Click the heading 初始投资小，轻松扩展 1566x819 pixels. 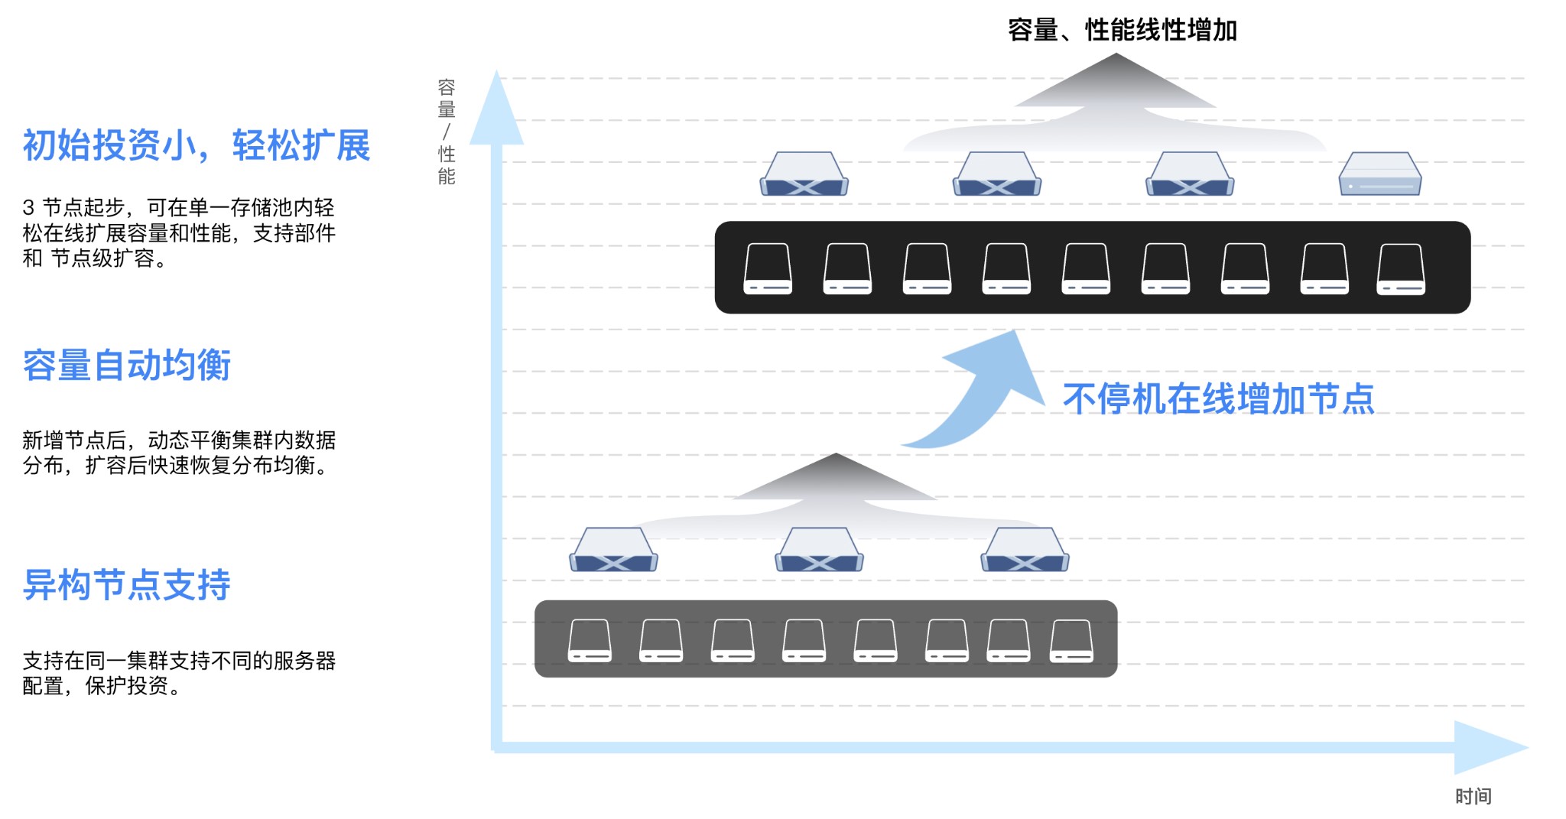[x=196, y=145]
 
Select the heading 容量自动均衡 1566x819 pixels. [x=126, y=365]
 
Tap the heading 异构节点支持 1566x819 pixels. [x=126, y=585]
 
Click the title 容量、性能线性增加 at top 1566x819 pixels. [x=1122, y=31]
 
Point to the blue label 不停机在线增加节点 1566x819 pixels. [x=1218, y=399]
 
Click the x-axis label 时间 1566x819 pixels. [x=1473, y=796]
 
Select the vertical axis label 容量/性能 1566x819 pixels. [x=447, y=132]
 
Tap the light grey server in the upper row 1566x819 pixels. [x=1379, y=174]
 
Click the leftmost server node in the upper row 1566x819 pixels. [x=804, y=174]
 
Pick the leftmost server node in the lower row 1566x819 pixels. [x=613, y=551]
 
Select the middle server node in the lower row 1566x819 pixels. [x=819, y=551]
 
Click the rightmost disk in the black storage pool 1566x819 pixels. [x=1400, y=269]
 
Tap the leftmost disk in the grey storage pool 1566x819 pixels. [x=590, y=641]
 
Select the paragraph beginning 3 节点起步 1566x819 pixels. [x=178, y=232]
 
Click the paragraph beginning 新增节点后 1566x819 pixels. [x=178, y=453]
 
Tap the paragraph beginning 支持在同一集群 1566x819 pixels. [x=178, y=673]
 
